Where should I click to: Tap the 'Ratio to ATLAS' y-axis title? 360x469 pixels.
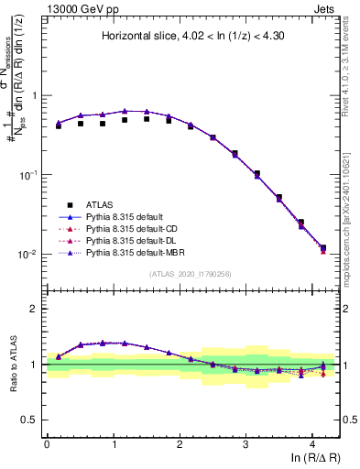(12, 364)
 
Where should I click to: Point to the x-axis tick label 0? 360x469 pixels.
(47, 443)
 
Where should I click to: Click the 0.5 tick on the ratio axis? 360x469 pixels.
(34, 420)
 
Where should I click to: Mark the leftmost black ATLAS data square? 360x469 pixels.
(59, 126)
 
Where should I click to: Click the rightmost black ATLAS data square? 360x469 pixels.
(322, 247)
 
